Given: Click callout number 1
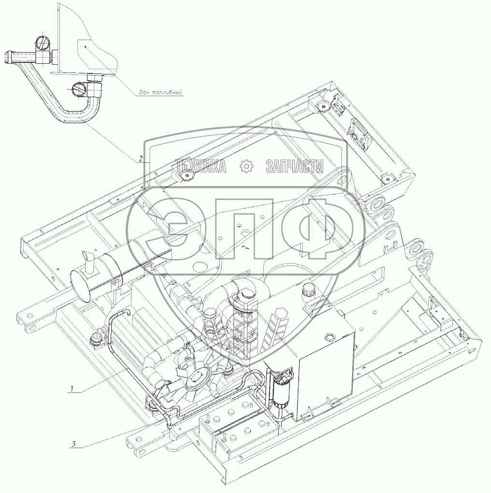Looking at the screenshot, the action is coord(72,389).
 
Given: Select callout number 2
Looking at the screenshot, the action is coord(141,159).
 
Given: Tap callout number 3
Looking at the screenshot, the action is coord(73,444).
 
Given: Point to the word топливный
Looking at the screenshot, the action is coord(167,93).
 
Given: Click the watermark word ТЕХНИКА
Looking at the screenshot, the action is coord(201,166).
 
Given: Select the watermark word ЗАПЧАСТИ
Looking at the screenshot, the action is coord(294,166).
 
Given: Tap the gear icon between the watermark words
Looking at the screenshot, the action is coord(246,166).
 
